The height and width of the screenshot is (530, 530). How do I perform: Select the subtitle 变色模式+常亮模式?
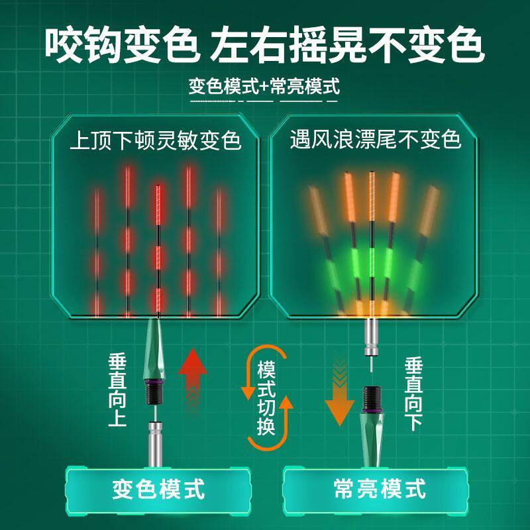(264, 86)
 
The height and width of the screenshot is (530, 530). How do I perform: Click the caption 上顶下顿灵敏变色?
(156, 140)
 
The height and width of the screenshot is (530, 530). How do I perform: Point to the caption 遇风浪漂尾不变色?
(375, 140)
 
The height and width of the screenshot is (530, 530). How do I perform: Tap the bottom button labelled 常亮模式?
(378, 490)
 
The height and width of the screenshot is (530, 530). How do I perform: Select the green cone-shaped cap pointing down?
(372, 431)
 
